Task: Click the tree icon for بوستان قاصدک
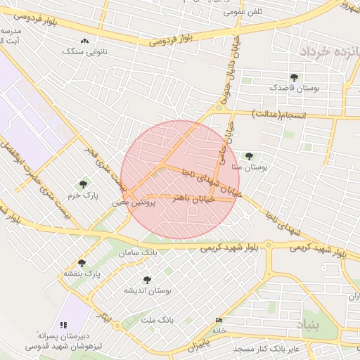pyautogui.click(x=293, y=77)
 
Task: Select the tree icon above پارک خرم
pyautogui.click(x=84, y=184)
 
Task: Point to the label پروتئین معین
pyautogui.click(x=130, y=202)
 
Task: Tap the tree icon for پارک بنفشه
pyautogui.click(x=82, y=263)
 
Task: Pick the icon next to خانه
pyautogui.click(x=219, y=321)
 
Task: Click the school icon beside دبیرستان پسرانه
pyautogui.click(x=64, y=325)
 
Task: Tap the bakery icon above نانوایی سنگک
pyautogui.click(x=85, y=41)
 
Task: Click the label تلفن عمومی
pyautogui.click(x=242, y=12)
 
